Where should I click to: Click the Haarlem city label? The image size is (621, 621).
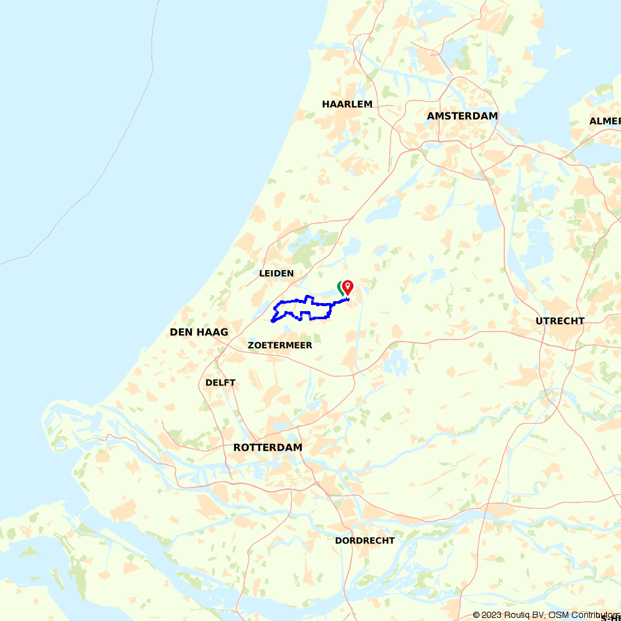click(x=347, y=104)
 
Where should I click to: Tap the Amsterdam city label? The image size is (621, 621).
click(x=463, y=116)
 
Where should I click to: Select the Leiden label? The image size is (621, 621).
click(x=276, y=273)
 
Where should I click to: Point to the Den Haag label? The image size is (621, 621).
click(x=199, y=332)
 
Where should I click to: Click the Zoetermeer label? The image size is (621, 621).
click(x=279, y=345)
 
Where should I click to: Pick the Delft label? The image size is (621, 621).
click(x=220, y=383)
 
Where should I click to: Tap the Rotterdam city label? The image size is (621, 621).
click(x=268, y=448)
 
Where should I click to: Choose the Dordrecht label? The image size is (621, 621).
click(x=365, y=541)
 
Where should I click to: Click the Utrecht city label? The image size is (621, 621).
click(x=560, y=321)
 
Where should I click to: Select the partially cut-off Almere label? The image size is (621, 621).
click(x=605, y=121)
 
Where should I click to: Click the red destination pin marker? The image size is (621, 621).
click(x=348, y=286)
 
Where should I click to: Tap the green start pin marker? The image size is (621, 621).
click(x=340, y=288)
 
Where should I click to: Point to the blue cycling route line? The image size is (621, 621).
click(x=292, y=302)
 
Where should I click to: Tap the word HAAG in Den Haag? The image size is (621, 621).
click(x=212, y=332)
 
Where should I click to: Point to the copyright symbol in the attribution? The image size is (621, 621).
click(x=476, y=615)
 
